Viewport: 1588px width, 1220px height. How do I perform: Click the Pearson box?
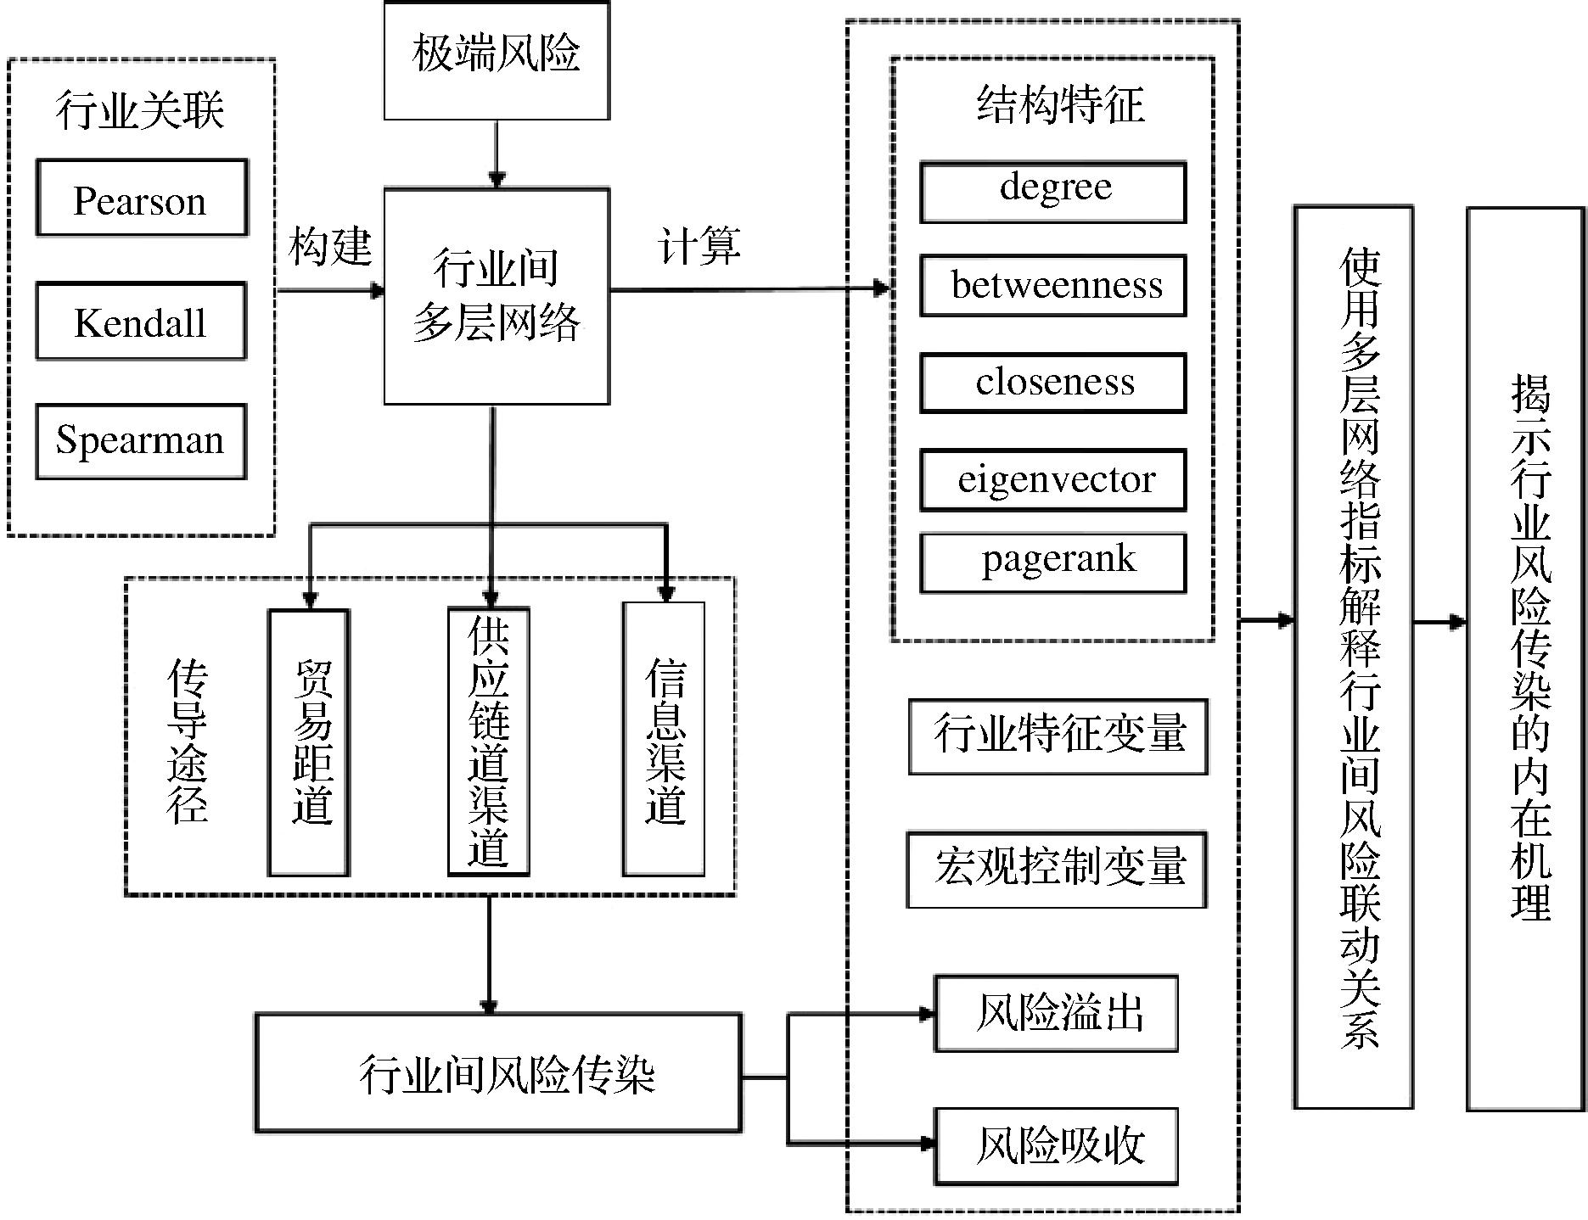point(142,199)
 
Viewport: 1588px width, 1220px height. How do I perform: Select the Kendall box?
point(141,322)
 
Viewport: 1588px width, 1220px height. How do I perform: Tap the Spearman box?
point(141,441)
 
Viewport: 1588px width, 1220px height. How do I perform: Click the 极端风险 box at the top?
point(497,59)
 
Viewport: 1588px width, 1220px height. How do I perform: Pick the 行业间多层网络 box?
point(497,295)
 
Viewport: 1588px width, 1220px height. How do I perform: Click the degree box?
point(1053,193)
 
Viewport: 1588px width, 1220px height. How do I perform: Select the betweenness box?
point(1053,286)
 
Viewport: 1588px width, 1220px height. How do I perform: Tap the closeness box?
point(1053,383)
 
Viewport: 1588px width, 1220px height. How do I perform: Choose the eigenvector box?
point(1053,480)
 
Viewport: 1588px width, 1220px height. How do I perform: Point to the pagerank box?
point(1053,562)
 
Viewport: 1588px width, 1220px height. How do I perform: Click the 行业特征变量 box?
point(1058,736)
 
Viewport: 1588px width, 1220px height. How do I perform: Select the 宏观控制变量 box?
point(1057,870)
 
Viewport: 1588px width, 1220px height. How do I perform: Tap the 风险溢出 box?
point(1057,1013)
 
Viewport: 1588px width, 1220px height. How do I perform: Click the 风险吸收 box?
point(1057,1145)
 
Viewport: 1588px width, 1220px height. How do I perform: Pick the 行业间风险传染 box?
point(499,1073)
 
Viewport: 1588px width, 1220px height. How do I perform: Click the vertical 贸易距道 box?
point(310,742)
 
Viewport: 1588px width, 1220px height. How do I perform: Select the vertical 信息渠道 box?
point(664,739)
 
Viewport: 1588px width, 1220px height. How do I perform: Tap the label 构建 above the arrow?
point(330,247)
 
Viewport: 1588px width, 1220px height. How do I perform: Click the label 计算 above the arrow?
point(699,247)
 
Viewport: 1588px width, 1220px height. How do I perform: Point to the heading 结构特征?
point(1060,106)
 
